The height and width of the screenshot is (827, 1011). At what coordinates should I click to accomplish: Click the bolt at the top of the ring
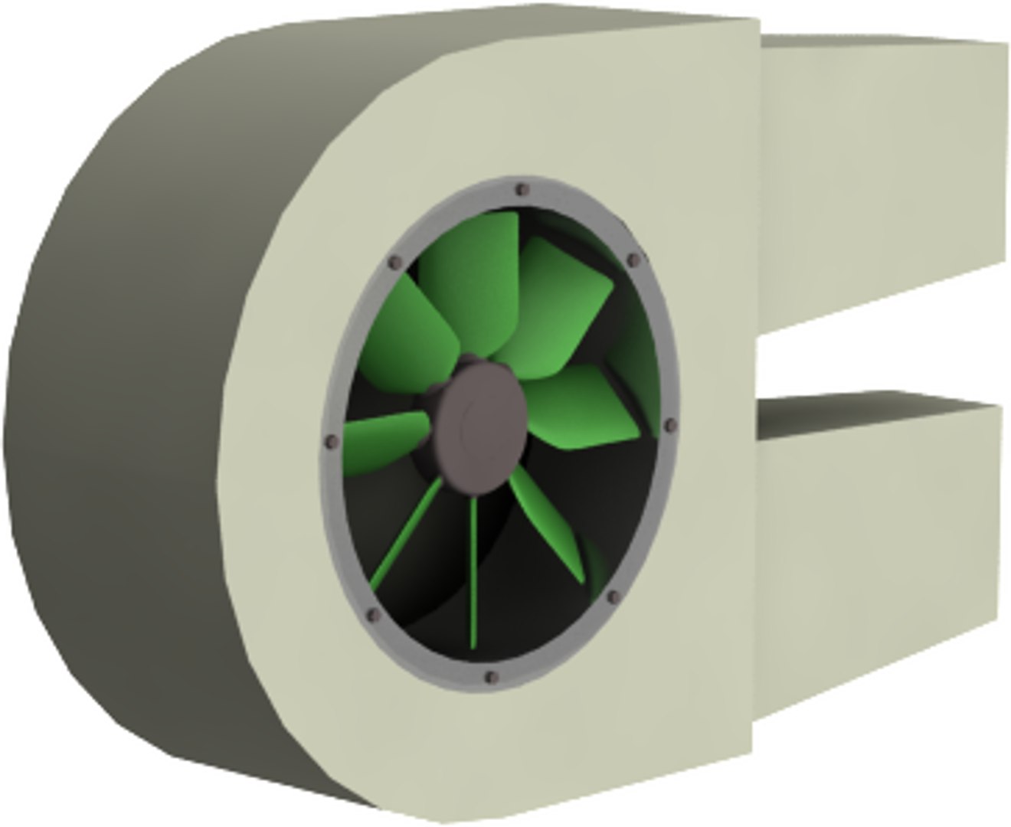(522, 189)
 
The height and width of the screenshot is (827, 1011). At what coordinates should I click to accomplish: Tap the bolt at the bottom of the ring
(492, 677)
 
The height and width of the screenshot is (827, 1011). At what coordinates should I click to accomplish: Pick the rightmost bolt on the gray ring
(671, 425)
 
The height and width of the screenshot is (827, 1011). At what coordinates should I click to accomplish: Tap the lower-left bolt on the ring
(374, 615)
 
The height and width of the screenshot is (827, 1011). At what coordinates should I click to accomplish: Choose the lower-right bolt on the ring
(613, 597)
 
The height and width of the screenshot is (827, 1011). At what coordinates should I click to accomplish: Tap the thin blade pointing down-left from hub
(406, 536)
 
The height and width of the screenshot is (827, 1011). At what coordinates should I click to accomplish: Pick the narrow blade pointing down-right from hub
(548, 521)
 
